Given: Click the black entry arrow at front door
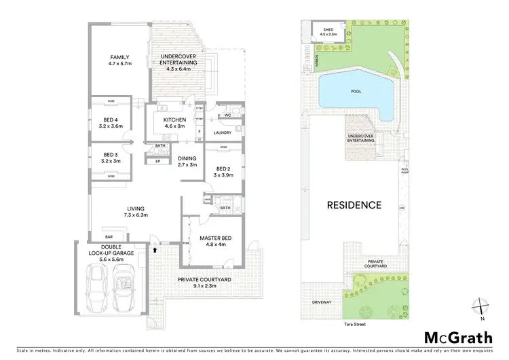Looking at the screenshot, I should [x=155, y=250].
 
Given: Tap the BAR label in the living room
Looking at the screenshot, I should [x=107, y=230].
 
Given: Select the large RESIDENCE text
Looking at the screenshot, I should [x=354, y=204].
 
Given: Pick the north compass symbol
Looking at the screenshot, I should [x=481, y=308].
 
